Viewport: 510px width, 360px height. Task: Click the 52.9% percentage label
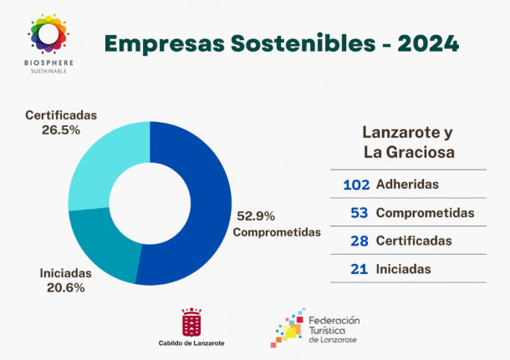tap(256, 215)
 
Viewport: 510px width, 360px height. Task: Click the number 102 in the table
tap(356, 184)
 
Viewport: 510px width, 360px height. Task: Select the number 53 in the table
tap(360, 213)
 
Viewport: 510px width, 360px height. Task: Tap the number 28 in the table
tap(360, 241)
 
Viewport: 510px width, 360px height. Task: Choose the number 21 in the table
tap(360, 269)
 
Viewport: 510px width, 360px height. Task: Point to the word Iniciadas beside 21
tap(404, 269)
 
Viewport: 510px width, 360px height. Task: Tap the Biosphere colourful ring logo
tap(48, 34)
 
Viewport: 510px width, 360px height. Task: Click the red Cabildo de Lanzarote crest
tap(191, 322)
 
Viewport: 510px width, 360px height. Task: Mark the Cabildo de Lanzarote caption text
tap(191, 343)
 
